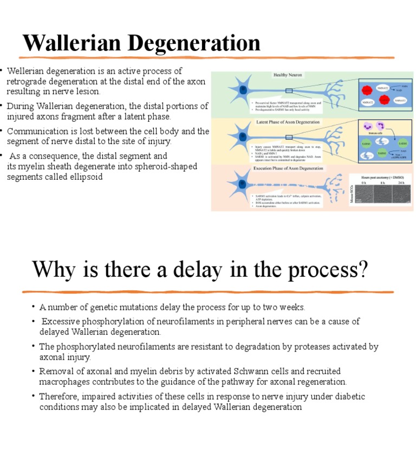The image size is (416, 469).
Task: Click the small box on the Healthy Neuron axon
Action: pos(289,90)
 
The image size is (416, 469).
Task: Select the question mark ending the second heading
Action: pos(361,269)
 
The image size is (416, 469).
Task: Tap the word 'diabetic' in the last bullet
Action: pos(348,396)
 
